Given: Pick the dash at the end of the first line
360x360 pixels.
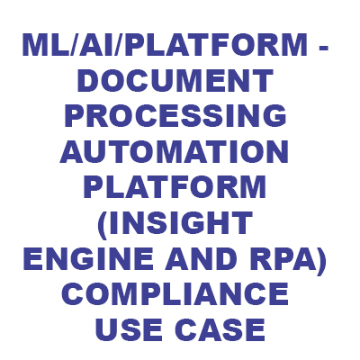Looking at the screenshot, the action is pos(323,48).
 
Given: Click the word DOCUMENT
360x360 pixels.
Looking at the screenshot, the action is pos(175,81).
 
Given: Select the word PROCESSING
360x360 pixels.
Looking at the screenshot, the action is pos(175,116).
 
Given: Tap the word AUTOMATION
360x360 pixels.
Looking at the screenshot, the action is pos(174,151).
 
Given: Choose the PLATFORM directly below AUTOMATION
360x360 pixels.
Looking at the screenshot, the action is pos(175,187).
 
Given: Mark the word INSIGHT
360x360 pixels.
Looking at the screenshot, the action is pos(180,222).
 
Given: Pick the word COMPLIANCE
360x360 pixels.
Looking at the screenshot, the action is pos(175,293).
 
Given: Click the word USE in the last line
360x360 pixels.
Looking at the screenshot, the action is pos(129,328).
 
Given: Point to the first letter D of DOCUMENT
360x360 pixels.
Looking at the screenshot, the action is pos(87,81).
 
